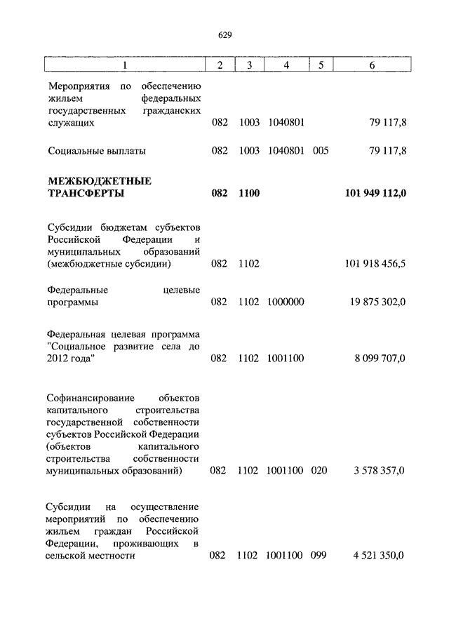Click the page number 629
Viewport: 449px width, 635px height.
coord(224,35)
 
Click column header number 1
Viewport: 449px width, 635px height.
coord(126,65)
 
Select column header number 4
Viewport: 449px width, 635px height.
coord(286,65)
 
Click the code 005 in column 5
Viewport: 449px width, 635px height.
coord(321,150)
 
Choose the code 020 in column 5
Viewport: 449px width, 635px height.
coord(319,470)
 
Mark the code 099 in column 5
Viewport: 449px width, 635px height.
coord(319,555)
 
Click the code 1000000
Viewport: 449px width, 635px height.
coord(286,302)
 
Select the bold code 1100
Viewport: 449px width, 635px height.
coord(249,193)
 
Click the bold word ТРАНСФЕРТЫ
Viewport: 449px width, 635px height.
coord(87,193)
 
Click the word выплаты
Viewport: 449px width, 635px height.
coord(126,150)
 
